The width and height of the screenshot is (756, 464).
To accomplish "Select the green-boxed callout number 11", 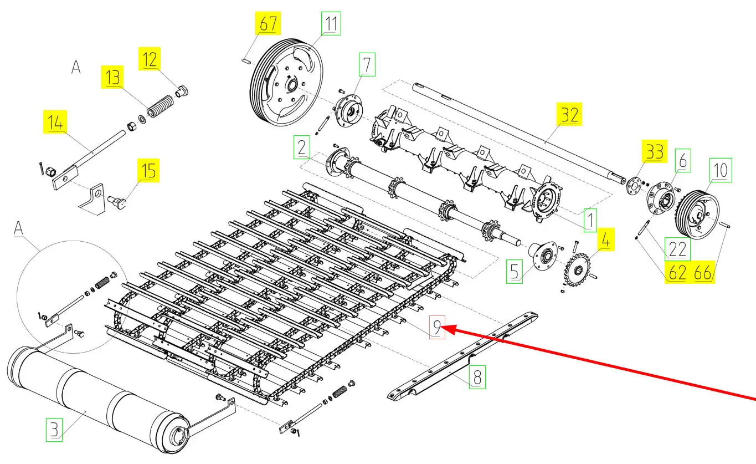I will pos(331,24).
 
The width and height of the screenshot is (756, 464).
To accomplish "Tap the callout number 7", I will pos(367,64).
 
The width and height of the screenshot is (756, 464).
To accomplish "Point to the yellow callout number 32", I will pos(569,115).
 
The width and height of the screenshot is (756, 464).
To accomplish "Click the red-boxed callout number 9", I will pos(436,328).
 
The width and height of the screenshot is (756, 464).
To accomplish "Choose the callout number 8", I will pos(477,377).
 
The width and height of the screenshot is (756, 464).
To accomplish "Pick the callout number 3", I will pos(54,430).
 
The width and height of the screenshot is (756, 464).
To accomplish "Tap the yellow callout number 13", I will pos(112,78).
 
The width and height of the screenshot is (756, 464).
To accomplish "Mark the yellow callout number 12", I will pos(149,58).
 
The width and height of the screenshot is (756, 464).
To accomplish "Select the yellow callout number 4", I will pos(605,242).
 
